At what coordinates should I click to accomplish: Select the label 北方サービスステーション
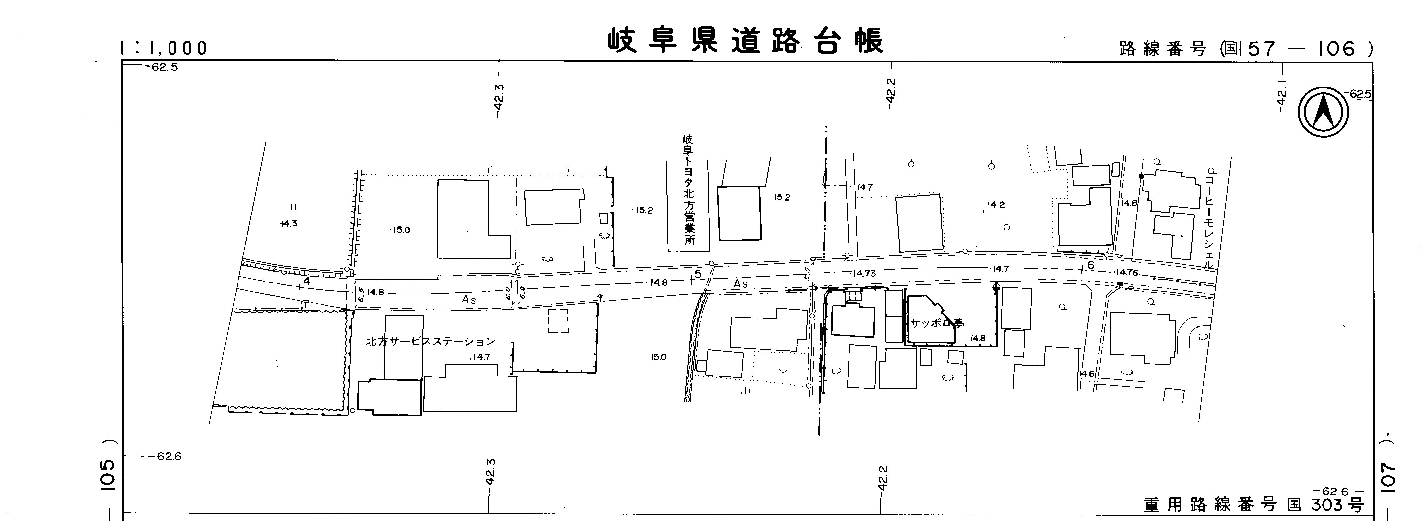(x=430, y=342)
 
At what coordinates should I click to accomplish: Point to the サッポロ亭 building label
(x=937, y=323)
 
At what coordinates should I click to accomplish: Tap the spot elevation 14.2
(x=995, y=204)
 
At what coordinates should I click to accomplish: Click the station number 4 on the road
(x=307, y=281)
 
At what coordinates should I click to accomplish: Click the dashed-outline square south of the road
(x=558, y=321)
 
